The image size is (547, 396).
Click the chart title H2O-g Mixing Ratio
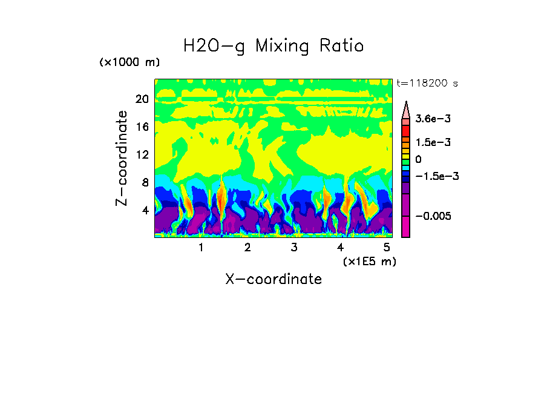pyautogui.click(x=273, y=46)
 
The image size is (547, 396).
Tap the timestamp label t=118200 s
pyautogui.click(x=427, y=83)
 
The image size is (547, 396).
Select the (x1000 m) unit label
pyautogui.click(x=129, y=63)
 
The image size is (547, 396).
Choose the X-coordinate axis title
pyautogui.click(x=273, y=279)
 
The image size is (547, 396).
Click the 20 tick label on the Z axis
pyautogui.click(x=142, y=99)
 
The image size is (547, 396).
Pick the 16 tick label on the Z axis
pyautogui.click(x=142, y=127)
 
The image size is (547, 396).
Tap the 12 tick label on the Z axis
pyautogui.click(x=142, y=155)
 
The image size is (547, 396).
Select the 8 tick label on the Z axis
pyautogui.click(x=145, y=183)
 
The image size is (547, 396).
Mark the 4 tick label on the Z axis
pyautogui.click(x=145, y=211)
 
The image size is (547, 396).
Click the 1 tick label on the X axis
pyautogui.click(x=201, y=248)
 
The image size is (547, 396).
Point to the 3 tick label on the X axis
pyautogui.click(x=294, y=248)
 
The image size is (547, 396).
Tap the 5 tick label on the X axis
pyautogui.click(x=387, y=248)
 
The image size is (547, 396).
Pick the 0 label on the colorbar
pyautogui.click(x=418, y=159)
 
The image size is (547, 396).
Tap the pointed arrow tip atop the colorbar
pyautogui.click(x=406, y=104)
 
